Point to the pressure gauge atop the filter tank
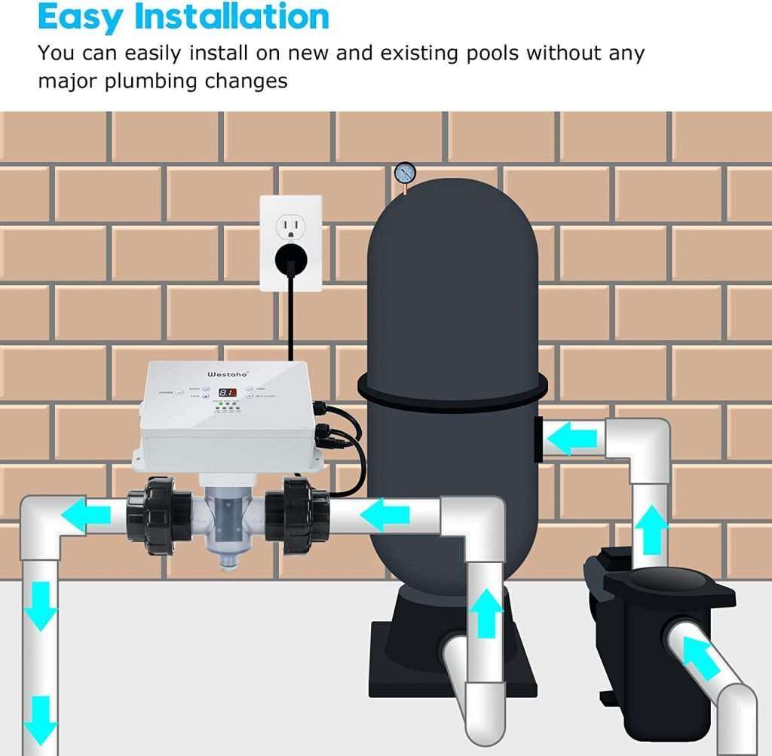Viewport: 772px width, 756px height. (404, 173)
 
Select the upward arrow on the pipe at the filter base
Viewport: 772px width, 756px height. (486, 612)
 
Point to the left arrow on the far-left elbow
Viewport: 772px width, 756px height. (84, 516)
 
